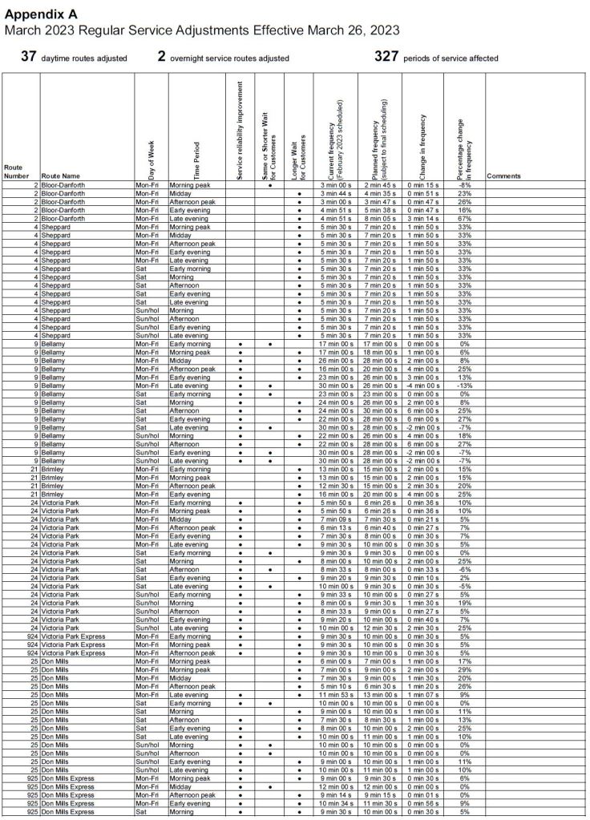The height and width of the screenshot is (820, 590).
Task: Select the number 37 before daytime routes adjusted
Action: coord(29,57)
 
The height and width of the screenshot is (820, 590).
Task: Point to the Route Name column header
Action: coord(61,176)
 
